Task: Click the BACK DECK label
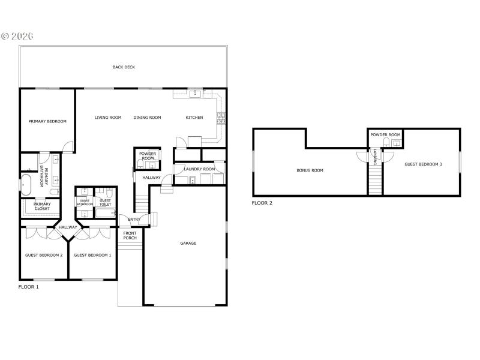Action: [x=124, y=67]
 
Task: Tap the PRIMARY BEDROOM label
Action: [x=47, y=121]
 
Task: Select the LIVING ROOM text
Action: [x=108, y=118]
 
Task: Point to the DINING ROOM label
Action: [x=147, y=118]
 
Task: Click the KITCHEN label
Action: [x=194, y=118]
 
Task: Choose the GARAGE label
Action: [x=188, y=243]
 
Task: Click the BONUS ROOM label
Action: [x=310, y=170]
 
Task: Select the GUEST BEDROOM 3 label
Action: [x=423, y=164]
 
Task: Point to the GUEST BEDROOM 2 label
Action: [x=44, y=255]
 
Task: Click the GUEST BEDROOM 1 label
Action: [x=92, y=255]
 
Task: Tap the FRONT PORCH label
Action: [x=130, y=235]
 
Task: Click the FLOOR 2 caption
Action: [x=262, y=203]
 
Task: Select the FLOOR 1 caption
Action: [x=29, y=287]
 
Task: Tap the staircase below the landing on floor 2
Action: [x=375, y=180]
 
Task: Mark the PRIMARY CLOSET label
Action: [x=42, y=206]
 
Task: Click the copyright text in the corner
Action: [x=17, y=36]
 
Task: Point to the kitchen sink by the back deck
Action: [x=195, y=94]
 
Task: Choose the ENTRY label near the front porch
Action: [x=134, y=219]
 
